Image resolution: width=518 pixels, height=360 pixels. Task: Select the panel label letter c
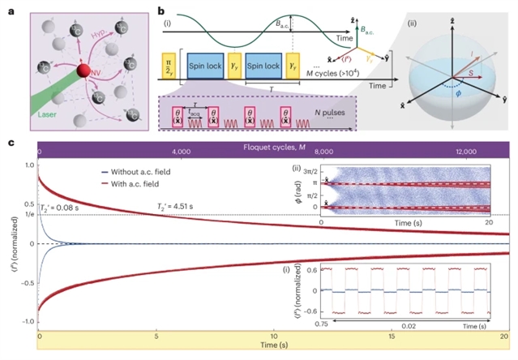point(10,144)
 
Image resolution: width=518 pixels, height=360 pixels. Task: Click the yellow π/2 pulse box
point(169,66)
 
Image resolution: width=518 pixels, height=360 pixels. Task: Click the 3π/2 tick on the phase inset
point(309,171)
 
